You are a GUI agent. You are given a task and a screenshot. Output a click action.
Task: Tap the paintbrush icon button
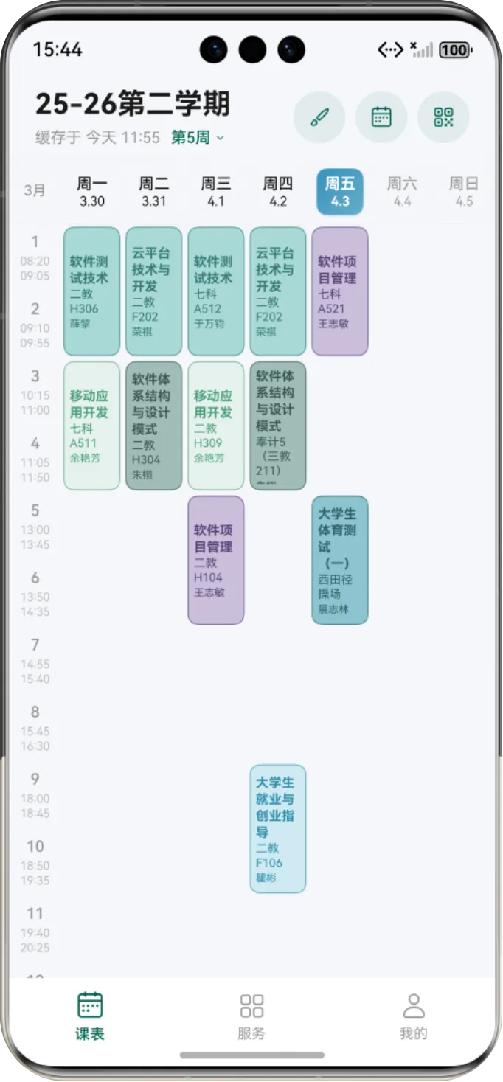(x=319, y=117)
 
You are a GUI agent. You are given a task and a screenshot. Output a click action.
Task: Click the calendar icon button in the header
(x=381, y=117)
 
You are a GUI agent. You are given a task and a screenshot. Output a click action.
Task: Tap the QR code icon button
(x=443, y=117)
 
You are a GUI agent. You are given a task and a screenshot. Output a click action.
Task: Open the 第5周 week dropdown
(x=198, y=138)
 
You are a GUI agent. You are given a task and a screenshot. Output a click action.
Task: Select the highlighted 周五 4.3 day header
(x=340, y=192)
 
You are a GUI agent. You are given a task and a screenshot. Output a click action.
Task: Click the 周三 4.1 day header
(x=215, y=192)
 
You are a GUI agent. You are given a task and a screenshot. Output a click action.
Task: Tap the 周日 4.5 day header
(x=464, y=192)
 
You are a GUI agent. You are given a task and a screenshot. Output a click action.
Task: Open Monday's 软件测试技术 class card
(x=91, y=291)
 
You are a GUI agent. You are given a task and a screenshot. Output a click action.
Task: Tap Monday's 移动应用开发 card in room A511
(x=91, y=426)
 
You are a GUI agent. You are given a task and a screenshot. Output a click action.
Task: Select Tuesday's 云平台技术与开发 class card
(x=153, y=291)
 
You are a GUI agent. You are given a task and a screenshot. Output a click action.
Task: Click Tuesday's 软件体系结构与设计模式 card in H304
(x=153, y=426)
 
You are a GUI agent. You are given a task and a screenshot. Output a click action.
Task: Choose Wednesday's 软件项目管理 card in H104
(x=215, y=560)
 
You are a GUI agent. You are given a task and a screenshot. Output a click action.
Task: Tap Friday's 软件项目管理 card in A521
(x=340, y=291)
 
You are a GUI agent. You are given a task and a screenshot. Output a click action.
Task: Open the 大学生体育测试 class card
(x=340, y=560)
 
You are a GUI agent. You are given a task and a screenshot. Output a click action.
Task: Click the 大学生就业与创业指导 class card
(x=277, y=828)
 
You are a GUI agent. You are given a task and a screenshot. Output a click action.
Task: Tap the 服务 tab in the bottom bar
(x=251, y=1016)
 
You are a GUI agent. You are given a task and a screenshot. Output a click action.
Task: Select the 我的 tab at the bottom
(x=414, y=1016)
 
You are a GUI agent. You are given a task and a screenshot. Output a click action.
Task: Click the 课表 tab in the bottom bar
(x=90, y=1016)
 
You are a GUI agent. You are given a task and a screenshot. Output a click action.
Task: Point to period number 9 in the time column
(x=35, y=780)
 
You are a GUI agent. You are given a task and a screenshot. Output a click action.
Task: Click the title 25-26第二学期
(x=133, y=104)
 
